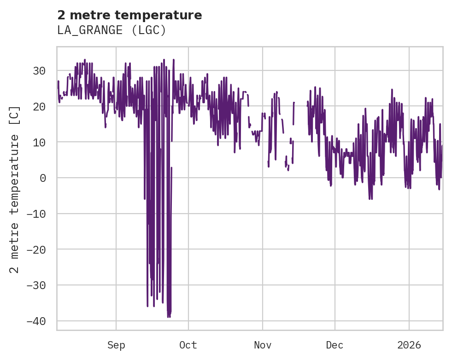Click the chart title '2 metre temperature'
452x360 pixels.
[129, 15]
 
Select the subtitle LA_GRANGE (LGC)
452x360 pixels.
[112, 30]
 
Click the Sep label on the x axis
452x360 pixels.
[116, 345]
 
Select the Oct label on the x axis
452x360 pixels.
[188, 345]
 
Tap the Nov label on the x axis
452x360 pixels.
[263, 345]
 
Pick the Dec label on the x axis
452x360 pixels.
[335, 345]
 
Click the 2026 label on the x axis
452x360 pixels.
[409, 345]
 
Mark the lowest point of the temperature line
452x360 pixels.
[168, 317]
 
